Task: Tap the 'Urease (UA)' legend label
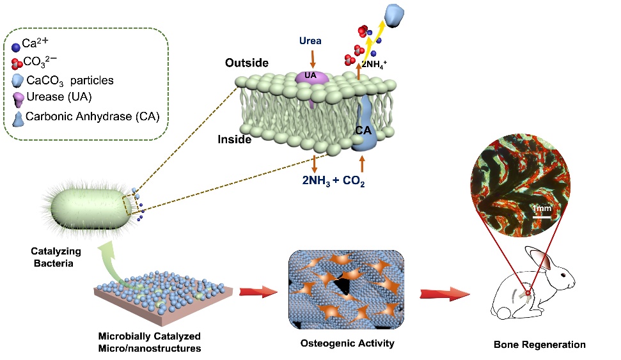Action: tap(57, 98)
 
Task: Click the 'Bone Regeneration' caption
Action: tap(539, 345)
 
